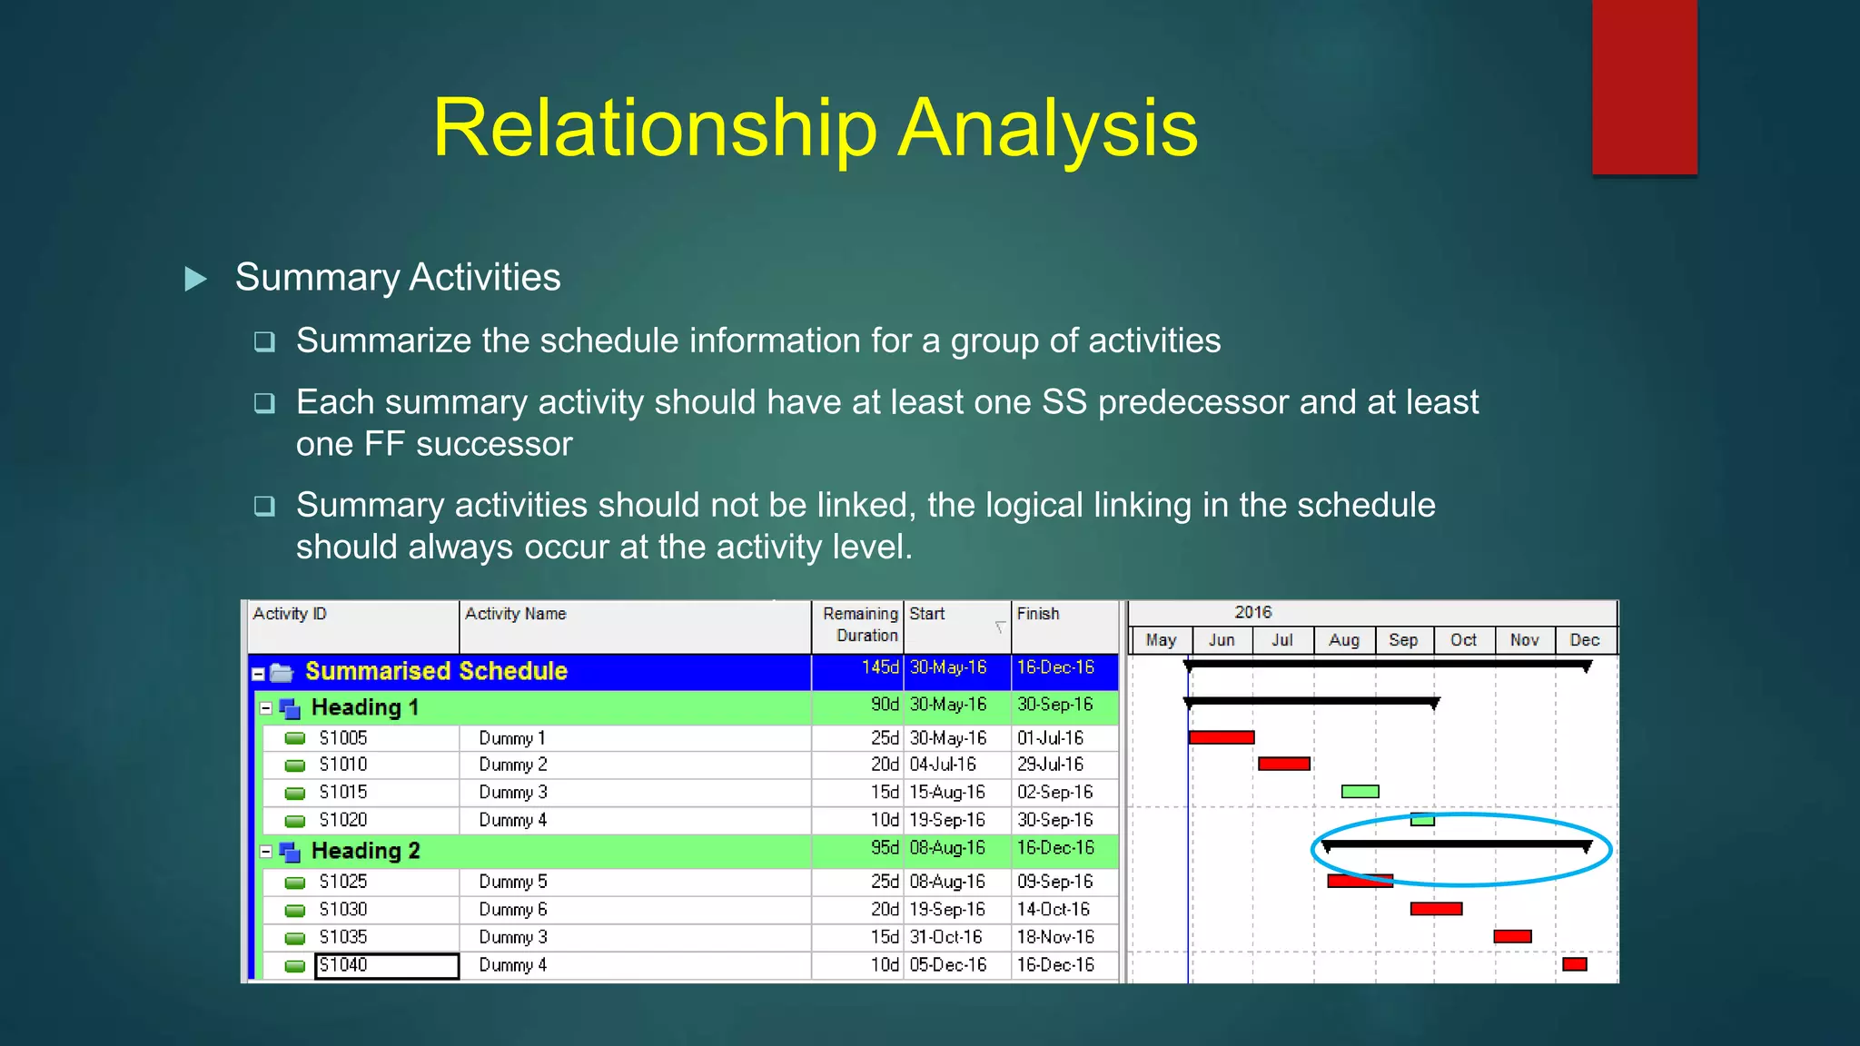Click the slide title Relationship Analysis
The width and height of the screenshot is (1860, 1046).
pos(815,128)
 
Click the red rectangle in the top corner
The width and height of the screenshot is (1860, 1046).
pos(1644,86)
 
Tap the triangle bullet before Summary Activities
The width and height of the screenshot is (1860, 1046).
pos(195,278)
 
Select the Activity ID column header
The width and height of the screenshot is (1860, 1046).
pos(290,614)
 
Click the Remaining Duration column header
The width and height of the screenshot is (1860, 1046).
pos(859,625)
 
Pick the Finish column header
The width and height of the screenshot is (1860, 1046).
pos(1038,614)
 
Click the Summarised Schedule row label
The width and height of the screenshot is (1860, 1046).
pos(436,671)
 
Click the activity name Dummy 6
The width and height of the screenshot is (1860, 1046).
pos(512,909)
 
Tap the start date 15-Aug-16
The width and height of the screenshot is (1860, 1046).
pos(947,792)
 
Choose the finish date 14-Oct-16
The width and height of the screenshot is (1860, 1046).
pos(1054,909)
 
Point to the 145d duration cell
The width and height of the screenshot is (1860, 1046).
pos(879,667)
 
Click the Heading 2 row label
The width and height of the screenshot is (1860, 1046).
pos(365,851)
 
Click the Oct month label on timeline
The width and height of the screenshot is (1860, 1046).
pos(1463,640)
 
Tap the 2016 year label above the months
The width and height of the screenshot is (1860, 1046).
pos(1252,612)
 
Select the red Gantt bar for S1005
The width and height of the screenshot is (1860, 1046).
pos(1222,737)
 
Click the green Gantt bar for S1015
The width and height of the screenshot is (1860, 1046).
pos(1360,792)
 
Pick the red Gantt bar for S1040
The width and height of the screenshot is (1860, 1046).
pos(1574,964)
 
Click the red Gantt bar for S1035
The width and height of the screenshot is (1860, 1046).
pos(1512,936)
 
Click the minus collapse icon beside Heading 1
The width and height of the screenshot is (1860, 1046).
pos(266,708)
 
